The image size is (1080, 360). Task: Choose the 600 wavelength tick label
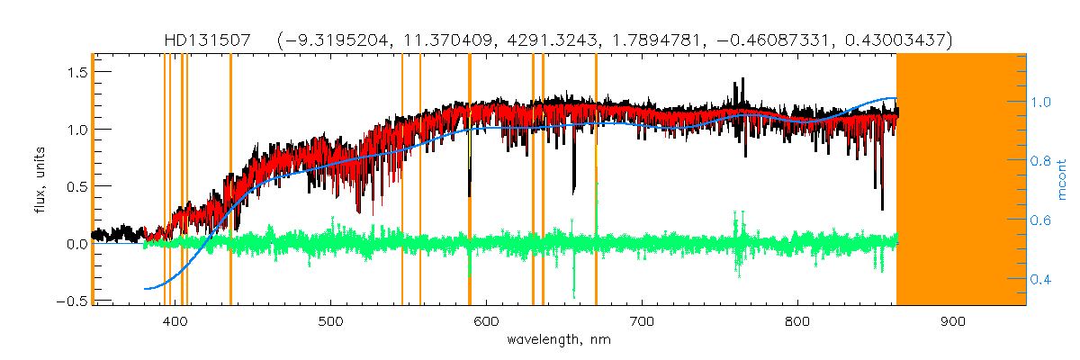coord(487,321)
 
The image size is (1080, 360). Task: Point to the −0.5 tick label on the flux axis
coord(69,301)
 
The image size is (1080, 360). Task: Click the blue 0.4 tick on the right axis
coord(1043,279)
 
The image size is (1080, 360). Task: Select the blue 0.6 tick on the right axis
coord(1043,220)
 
